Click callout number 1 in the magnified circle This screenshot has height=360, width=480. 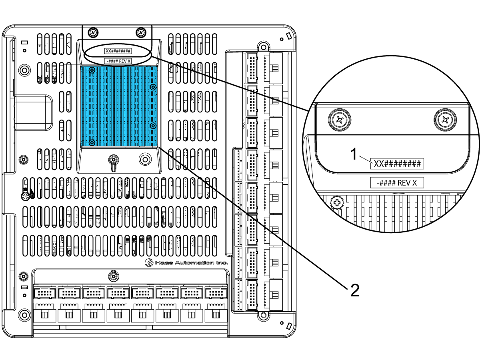[x=354, y=154]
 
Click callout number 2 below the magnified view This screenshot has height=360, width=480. [x=355, y=290]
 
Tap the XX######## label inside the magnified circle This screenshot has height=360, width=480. [x=397, y=164]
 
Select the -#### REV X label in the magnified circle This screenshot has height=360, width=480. [x=397, y=183]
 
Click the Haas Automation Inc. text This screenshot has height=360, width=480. [x=191, y=262]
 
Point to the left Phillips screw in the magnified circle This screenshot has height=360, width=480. [x=340, y=120]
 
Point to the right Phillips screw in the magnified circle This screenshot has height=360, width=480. [x=445, y=120]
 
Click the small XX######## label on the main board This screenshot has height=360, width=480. [x=118, y=51]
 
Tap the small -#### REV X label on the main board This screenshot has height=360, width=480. [x=118, y=61]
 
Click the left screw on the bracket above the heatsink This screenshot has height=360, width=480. [x=93, y=32]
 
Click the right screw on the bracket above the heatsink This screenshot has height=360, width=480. [x=141, y=32]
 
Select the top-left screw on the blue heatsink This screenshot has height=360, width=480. [x=92, y=70]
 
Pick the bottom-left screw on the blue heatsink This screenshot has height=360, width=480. [x=92, y=143]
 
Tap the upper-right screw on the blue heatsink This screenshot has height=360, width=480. [x=153, y=87]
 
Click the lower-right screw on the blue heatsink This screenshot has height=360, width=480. [x=153, y=126]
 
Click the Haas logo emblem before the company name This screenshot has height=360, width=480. [x=149, y=262]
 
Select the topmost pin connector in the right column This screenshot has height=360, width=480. [x=252, y=68]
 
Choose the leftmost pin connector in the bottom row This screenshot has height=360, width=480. [x=45, y=293]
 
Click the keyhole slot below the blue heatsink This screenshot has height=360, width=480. [x=114, y=162]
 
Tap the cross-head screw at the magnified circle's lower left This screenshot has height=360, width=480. [x=337, y=203]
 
